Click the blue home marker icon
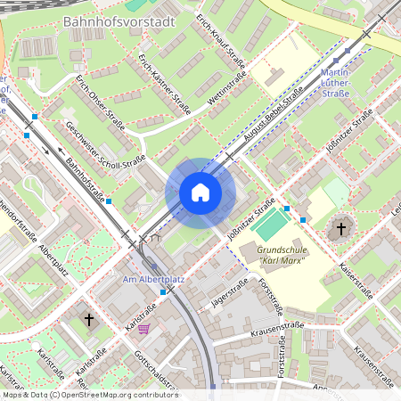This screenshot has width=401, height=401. click(x=200, y=192)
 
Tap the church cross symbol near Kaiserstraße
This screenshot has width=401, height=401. click(x=340, y=229)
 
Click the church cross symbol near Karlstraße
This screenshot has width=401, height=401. click(x=89, y=318)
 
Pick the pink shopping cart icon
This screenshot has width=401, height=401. click(x=143, y=329)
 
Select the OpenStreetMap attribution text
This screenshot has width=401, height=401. click(x=89, y=395)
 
